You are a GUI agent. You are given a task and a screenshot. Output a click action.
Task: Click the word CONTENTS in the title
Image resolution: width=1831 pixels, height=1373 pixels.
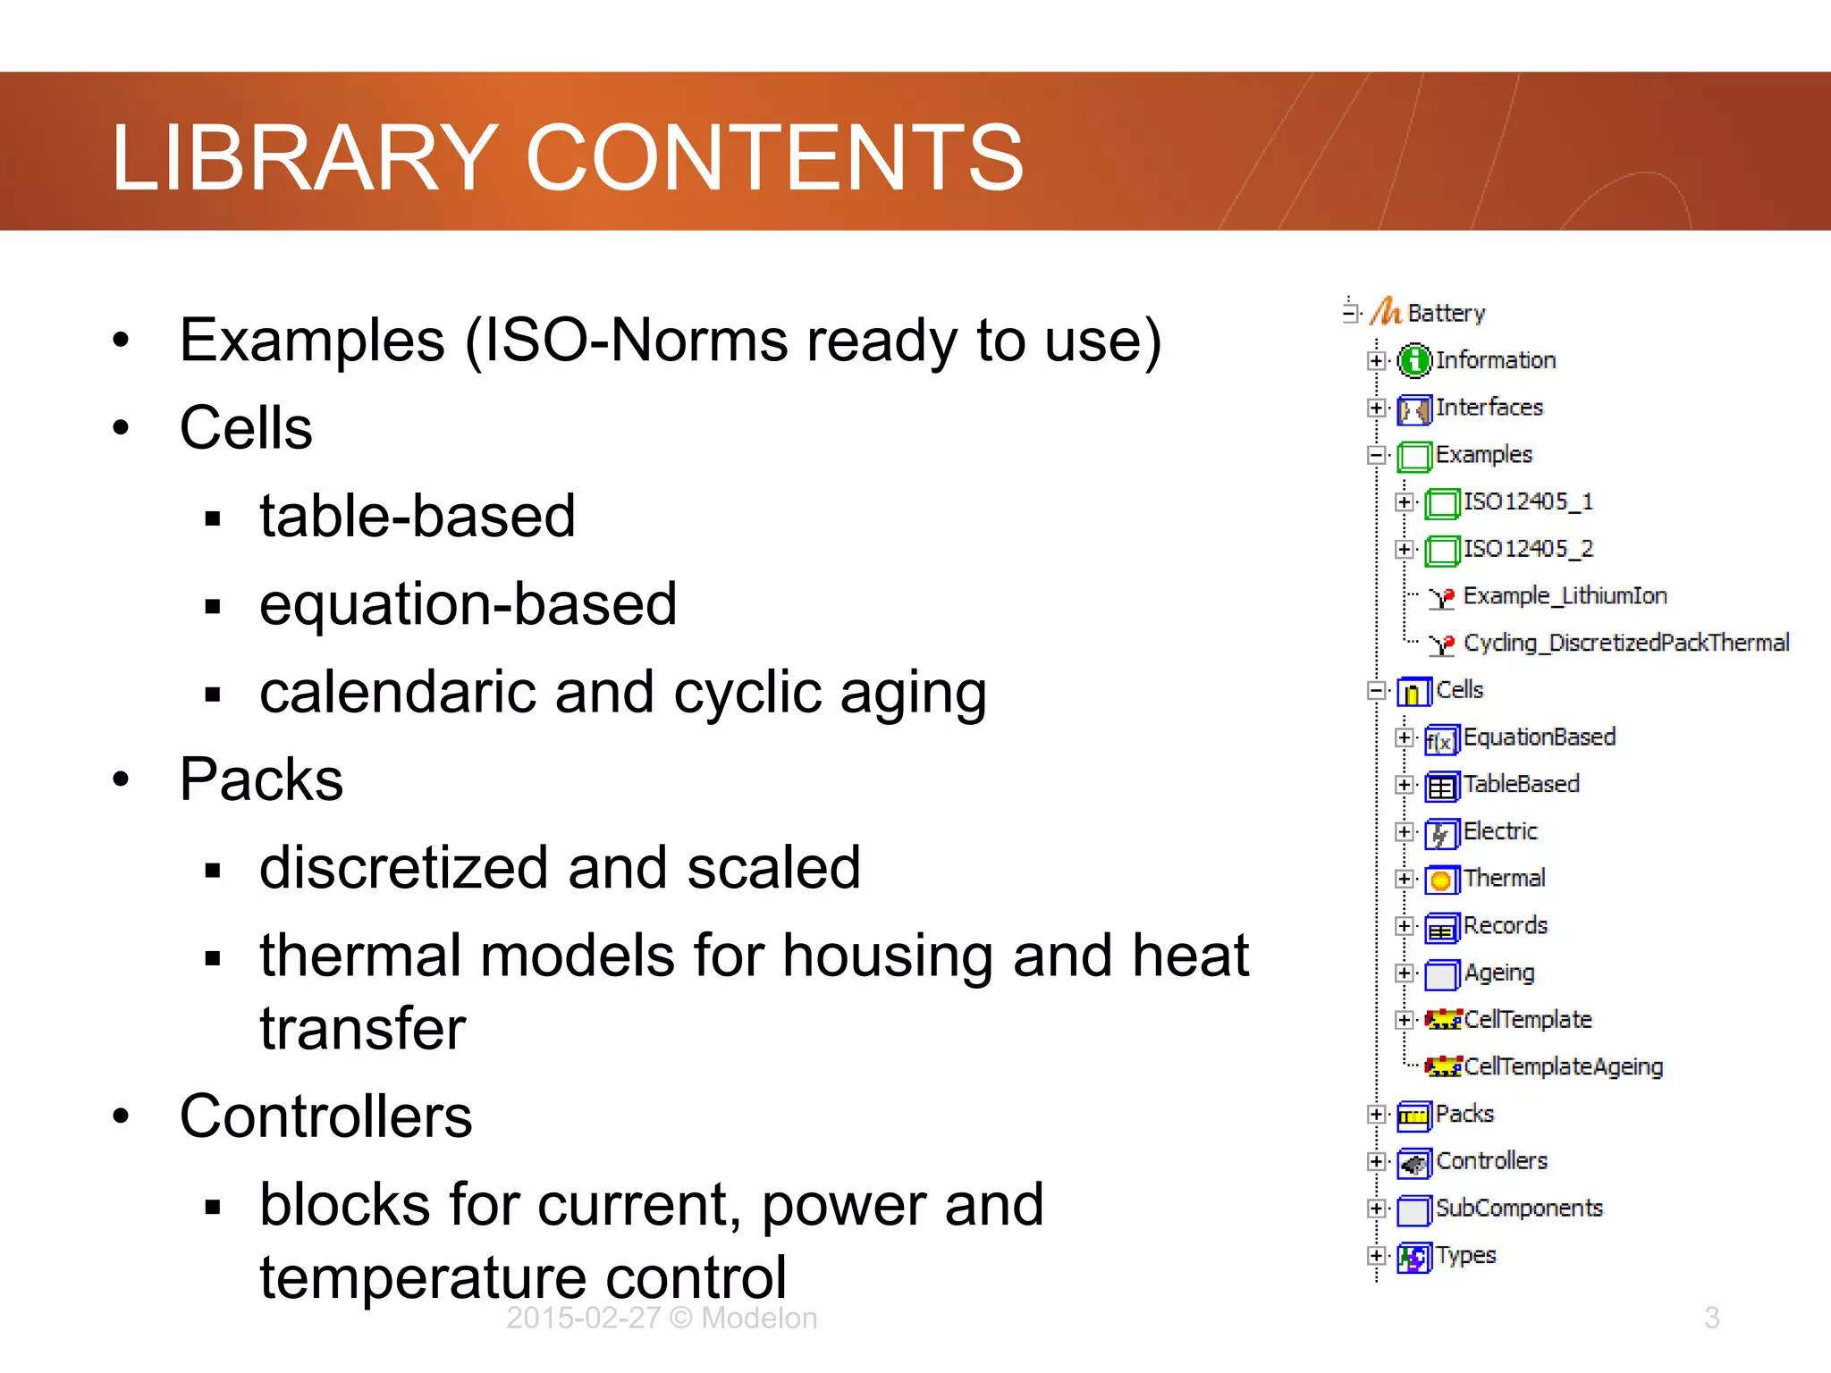(x=774, y=158)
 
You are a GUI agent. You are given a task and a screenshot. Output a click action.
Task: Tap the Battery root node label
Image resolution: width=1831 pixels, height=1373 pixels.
(x=1446, y=313)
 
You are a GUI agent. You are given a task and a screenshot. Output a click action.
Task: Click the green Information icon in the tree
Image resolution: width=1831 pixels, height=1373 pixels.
(x=1414, y=361)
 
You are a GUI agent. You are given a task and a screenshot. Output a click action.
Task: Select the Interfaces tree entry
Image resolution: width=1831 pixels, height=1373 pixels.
(x=1489, y=408)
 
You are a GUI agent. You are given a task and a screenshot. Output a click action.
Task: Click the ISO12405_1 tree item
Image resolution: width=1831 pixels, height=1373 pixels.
(x=1527, y=501)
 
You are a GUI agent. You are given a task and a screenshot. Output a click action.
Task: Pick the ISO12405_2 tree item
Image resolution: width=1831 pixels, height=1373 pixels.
(x=1527, y=549)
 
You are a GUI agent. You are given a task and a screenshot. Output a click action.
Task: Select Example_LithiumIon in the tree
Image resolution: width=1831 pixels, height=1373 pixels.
(x=1564, y=596)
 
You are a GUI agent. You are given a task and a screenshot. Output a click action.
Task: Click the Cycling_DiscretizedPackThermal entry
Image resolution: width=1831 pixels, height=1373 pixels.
(x=1625, y=643)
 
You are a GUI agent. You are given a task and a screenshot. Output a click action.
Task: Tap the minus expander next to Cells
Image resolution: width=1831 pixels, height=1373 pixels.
(x=1377, y=691)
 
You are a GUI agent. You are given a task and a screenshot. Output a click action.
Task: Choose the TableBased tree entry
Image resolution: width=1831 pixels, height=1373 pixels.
(x=1521, y=784)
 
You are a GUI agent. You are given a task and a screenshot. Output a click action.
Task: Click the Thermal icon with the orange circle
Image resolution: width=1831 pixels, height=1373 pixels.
(x=1441, y=880)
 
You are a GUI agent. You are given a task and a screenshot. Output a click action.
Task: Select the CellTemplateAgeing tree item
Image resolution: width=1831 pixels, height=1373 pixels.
(x=1563, y=1066)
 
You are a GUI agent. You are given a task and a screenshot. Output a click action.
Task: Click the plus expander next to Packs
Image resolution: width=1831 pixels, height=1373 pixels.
(x=1377, y=1115)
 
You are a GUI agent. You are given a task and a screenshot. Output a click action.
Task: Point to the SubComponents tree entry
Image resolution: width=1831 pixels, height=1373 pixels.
(x=1518, y=1209)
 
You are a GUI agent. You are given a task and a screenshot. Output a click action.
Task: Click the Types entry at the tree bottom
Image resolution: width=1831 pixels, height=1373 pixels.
(x=1465, y=1256)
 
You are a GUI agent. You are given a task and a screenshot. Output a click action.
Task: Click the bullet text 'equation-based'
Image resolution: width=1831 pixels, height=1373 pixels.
(x=468, y=604)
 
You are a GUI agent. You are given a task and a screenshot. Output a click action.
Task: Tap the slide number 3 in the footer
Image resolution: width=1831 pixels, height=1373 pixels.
(x=1711, y=1318)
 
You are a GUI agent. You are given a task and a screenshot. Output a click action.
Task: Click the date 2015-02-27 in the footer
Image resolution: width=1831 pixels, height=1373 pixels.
(x=583, y=1318)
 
